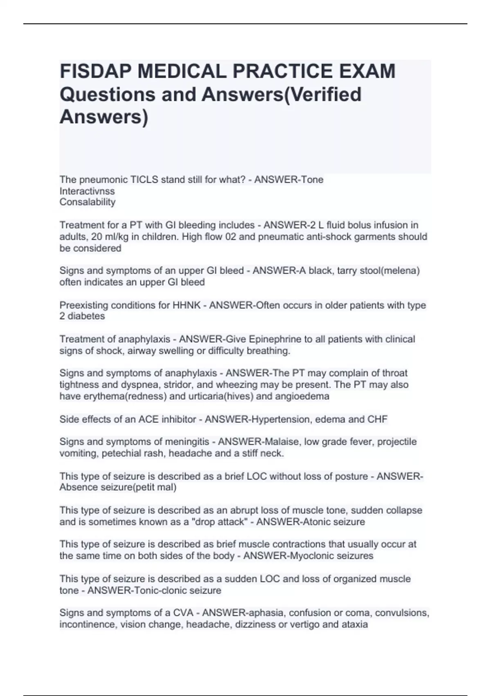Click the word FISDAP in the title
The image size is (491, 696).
95,71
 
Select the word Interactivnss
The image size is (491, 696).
87,191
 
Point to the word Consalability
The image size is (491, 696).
88,202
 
